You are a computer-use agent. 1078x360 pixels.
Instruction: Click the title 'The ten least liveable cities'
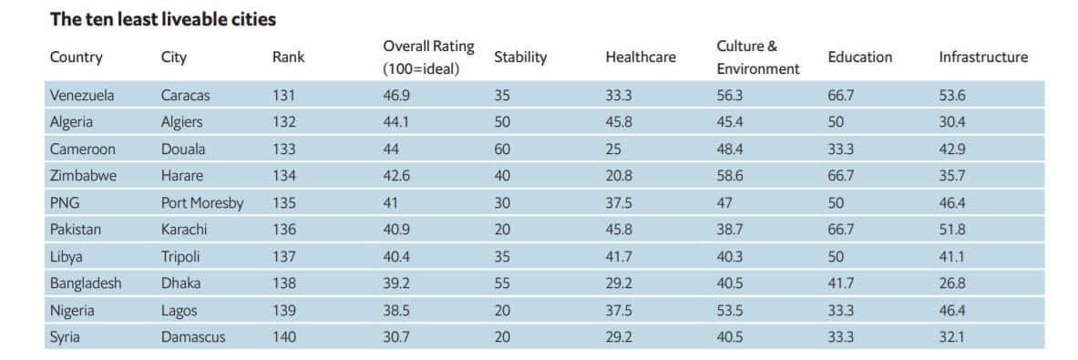pos(163,18)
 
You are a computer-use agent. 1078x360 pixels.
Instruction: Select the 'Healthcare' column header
pos(640,57)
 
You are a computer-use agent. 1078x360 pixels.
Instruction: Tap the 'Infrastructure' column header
pos(982,57)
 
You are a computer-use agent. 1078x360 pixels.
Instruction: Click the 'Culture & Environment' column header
pos(757,57)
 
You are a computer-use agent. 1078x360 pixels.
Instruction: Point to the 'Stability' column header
pos(519,57)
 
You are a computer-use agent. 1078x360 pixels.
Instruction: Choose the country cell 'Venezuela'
pos(82,95)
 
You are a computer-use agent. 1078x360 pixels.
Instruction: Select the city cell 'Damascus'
pos(192,337)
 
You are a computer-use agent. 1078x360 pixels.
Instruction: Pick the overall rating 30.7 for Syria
pos(396,337)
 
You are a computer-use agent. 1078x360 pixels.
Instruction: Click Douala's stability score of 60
pos(502,149)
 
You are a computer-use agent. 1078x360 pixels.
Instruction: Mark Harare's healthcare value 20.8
pos(620,176)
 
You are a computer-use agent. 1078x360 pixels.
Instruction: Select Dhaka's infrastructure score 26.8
pos(953,283)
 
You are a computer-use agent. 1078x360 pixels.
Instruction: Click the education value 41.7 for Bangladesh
pos(841,283)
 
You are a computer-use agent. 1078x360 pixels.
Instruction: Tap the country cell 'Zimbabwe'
pos(83,176)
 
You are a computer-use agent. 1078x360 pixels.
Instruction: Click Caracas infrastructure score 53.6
pos(953,95)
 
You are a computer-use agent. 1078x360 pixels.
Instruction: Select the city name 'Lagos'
pos(179,311)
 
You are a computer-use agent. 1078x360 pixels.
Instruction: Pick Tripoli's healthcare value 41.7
pos(620,257)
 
